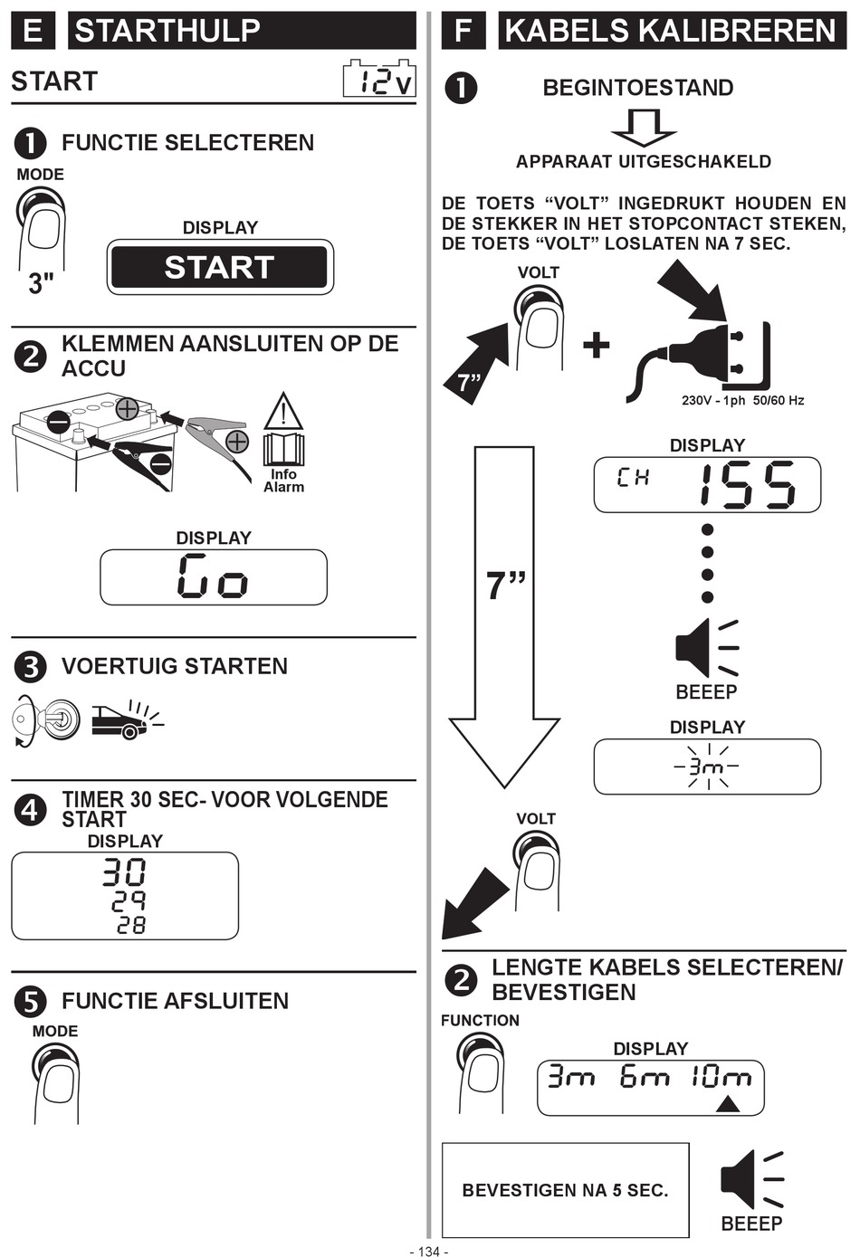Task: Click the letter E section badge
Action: pos(33,30)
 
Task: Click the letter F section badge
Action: pos(463,30)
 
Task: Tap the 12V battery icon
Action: pos(380,79)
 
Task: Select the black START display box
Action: pos(219,267)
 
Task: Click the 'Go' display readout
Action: pos(213,576)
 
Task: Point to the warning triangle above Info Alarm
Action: pos(283,411)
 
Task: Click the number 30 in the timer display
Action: pos(124,872)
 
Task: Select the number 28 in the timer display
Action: pos(131,926)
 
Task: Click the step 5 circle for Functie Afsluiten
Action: pos(30,1001)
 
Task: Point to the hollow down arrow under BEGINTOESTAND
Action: pos(644,128)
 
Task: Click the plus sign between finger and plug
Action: pos(597,345)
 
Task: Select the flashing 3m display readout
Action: pos(707,767)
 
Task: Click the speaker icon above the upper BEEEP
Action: pos(706,648)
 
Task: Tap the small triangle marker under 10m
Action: pos(729,1105)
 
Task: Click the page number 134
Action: pos(429,1251)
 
